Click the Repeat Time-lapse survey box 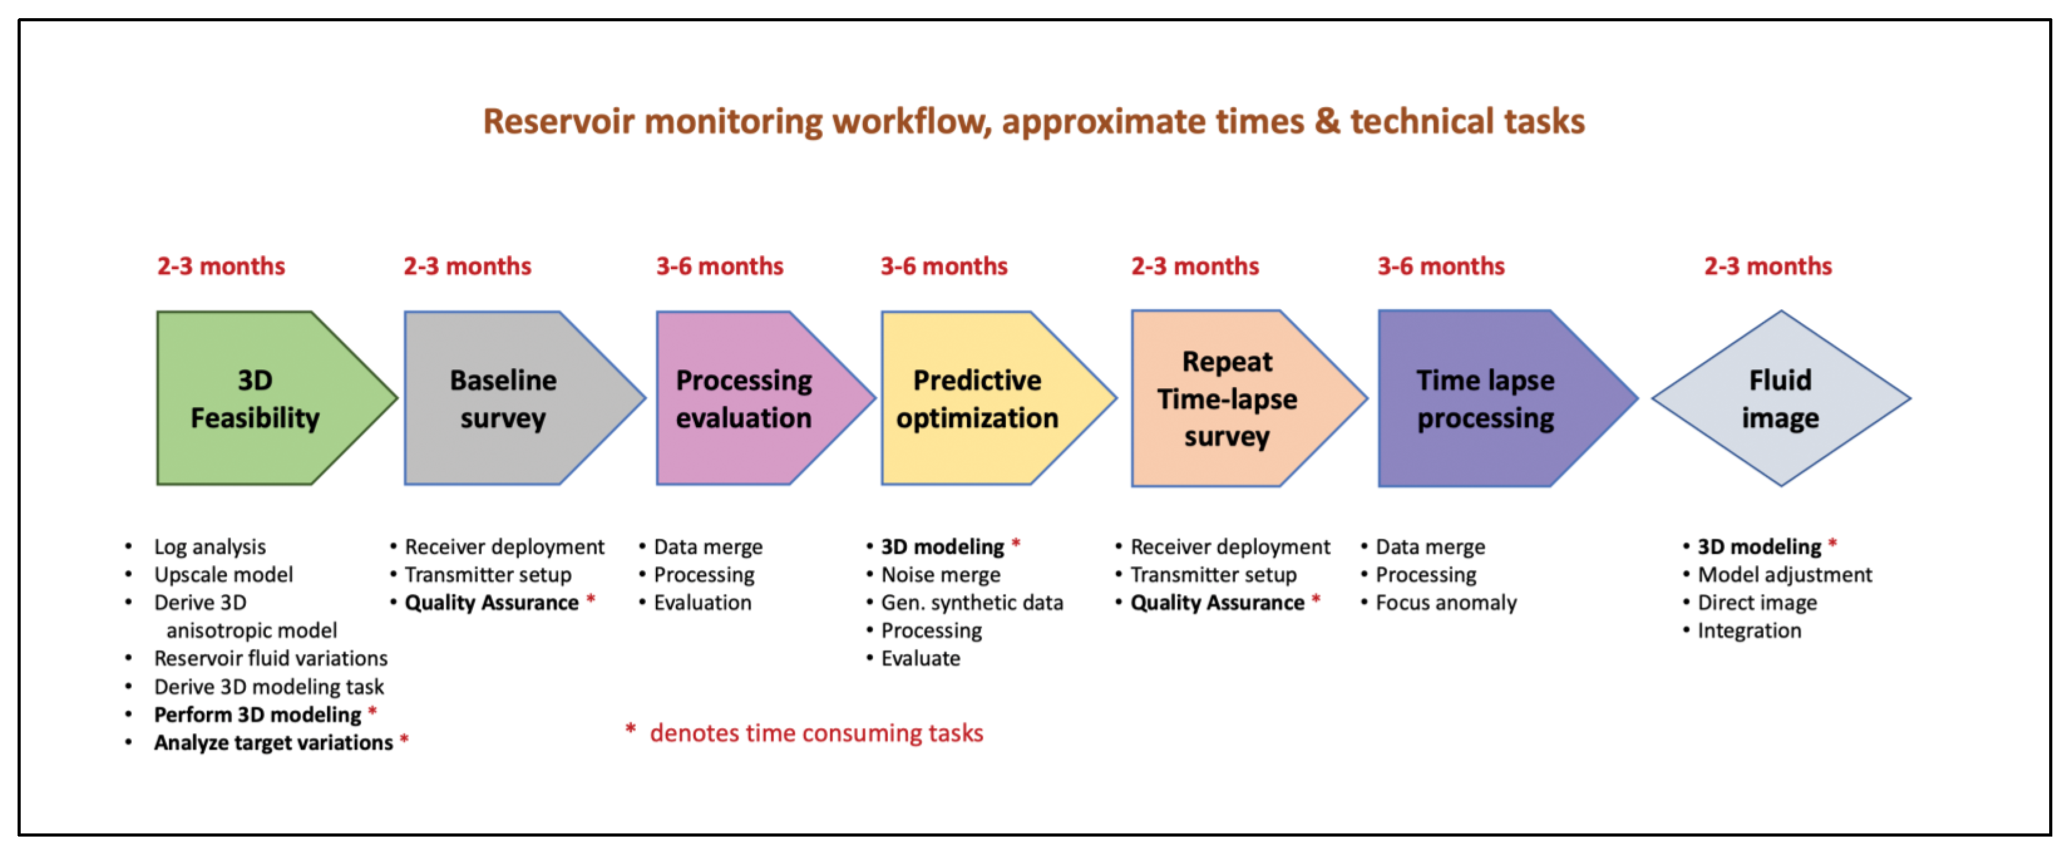click(x=1240, y=398)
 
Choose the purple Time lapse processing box click(x=1497, y=398)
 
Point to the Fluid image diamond click(x=1781, y=398)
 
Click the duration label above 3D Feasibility click(x=221, y=266)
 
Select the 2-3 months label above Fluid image click(x=1768, y=266)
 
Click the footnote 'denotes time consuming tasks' click(x=816, y=733)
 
